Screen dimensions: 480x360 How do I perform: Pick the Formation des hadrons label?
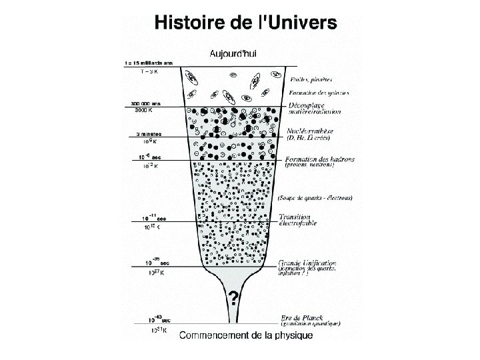click(319, 159)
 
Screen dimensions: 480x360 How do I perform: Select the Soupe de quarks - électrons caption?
click(315, 197)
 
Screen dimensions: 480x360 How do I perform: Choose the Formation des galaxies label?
click(319, 93)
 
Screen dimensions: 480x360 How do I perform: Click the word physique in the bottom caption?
click(294, 335)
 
